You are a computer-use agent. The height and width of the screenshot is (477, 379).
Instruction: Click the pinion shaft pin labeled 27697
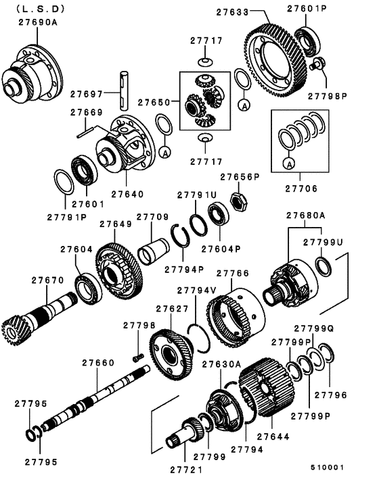click(x=124, y=89)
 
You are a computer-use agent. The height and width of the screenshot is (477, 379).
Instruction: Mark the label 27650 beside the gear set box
click(x=155, y=102)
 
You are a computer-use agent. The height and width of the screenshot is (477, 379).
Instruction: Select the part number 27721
click(x=187, y=468)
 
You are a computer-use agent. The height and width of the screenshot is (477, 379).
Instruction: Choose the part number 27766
click(x=233, y=274)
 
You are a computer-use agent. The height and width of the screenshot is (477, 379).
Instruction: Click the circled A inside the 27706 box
click(x=289, y=164)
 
